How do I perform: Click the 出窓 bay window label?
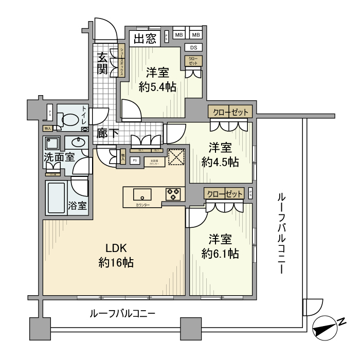145,39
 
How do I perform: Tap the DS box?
195,48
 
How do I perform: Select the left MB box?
179,35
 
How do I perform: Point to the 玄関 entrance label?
103,62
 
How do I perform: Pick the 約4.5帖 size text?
220,162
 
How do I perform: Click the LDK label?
116,246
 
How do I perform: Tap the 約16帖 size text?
116,263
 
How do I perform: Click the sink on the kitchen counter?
141,194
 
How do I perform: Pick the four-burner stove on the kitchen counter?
173,194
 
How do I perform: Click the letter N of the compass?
340,321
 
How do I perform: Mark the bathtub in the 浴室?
56,198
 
